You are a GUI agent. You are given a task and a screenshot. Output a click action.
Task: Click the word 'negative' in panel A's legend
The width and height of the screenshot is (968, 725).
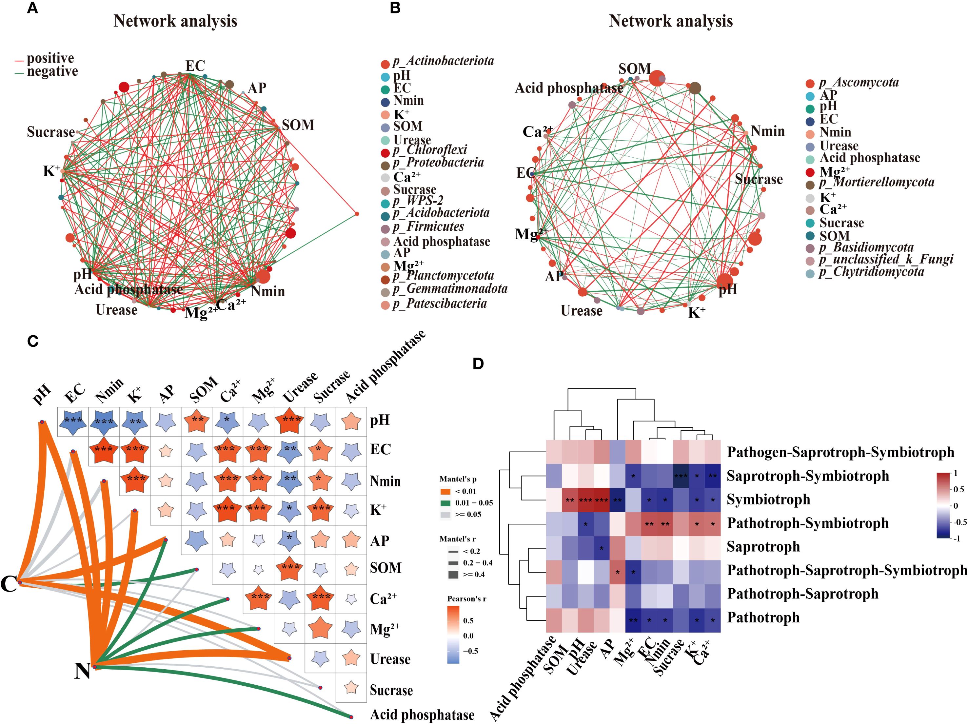[x=52, y=71]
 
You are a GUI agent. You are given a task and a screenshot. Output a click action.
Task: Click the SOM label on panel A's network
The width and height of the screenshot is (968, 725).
[x=298, y=125]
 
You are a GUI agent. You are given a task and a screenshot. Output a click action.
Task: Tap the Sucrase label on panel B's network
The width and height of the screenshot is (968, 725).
[x=759, y=179]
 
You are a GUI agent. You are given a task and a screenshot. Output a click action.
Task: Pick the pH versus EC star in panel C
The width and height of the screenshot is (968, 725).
[x=73, y=422]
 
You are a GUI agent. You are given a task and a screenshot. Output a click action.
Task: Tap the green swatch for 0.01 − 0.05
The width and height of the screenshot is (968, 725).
[x=445, y=503]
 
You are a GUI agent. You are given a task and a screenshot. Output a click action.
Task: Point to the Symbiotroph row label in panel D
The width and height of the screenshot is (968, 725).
[x=768, y=500]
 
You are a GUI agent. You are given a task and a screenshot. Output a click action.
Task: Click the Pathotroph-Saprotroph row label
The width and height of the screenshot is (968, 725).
[x=802, y=594]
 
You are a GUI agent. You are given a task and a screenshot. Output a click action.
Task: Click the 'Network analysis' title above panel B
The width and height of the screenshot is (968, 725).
[x=670, y=21]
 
